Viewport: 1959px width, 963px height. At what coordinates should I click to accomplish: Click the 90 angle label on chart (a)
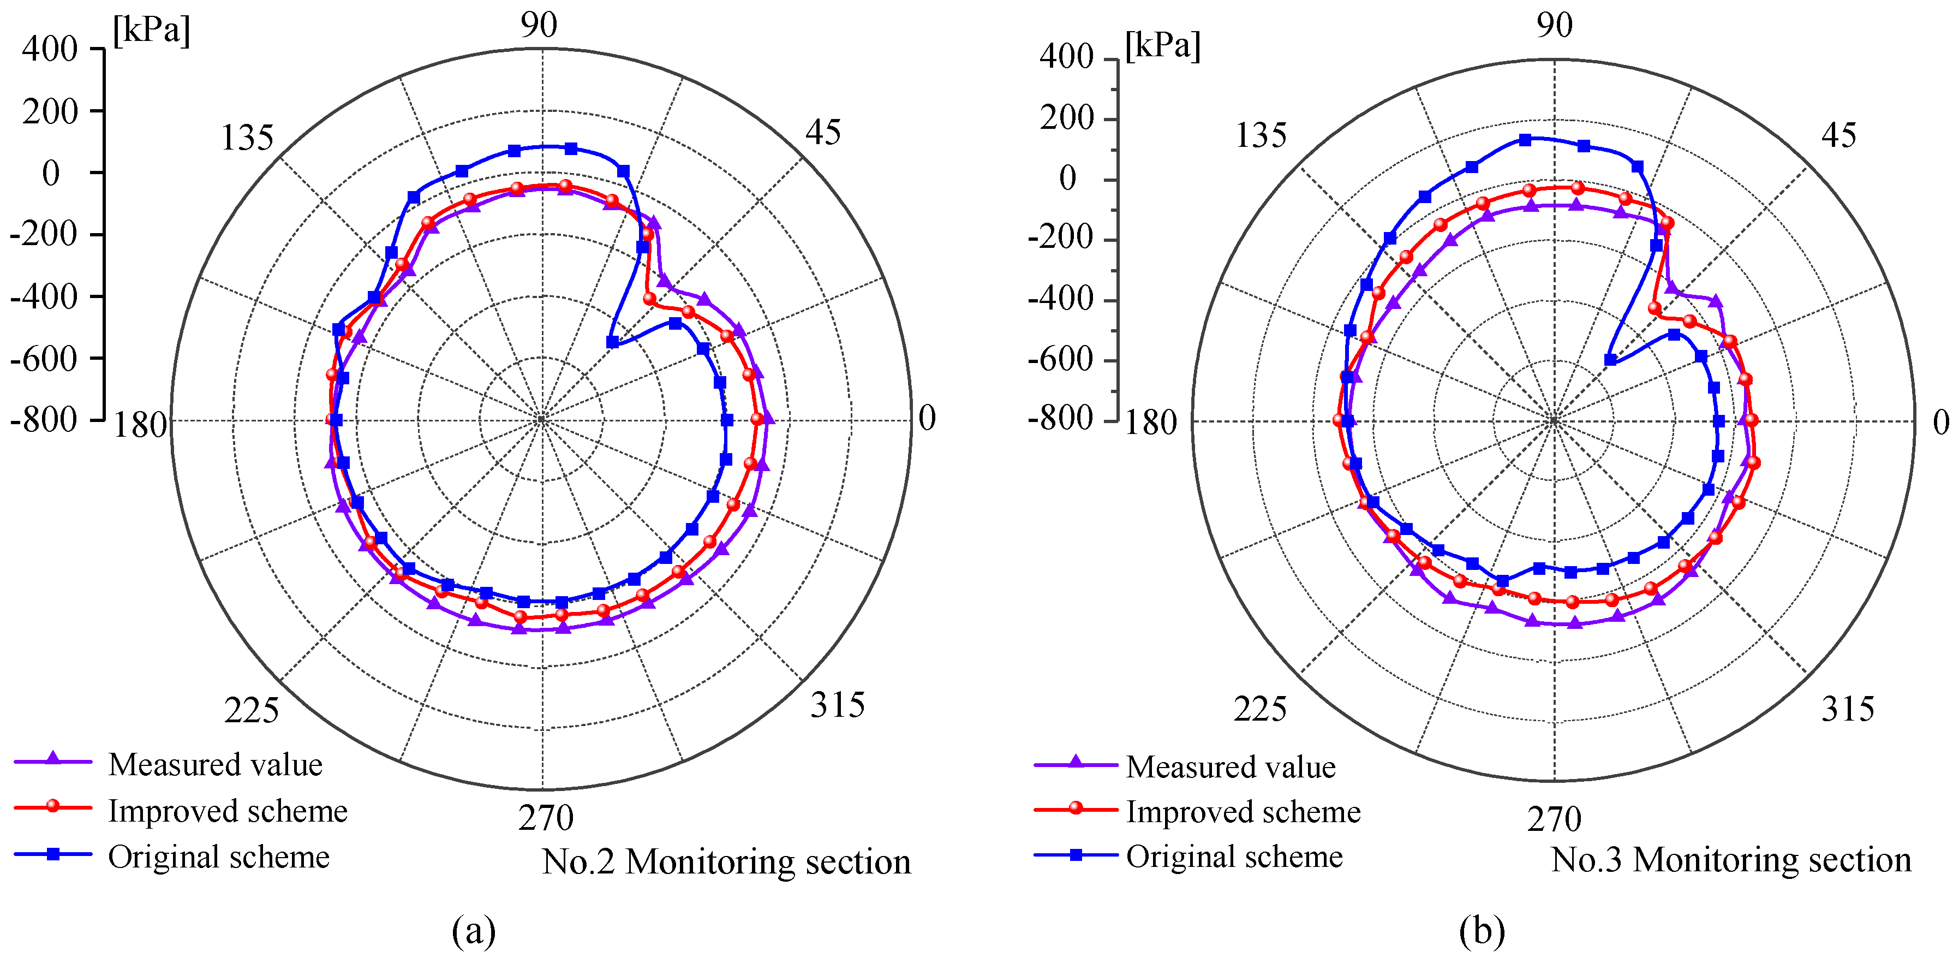539,25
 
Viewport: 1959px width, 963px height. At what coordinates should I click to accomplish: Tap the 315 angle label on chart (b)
1847,709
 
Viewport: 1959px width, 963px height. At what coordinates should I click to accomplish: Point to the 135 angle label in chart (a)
247,138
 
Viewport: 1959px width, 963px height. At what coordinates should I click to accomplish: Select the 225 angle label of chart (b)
1259,709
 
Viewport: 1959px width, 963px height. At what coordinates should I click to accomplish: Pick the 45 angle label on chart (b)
1838,135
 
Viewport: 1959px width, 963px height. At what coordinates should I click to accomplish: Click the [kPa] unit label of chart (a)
151,31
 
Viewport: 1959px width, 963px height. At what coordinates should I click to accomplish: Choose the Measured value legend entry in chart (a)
215,764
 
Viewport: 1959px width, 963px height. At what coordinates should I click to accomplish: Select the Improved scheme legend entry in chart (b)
1243,812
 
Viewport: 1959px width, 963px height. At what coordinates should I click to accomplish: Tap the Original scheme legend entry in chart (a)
218,857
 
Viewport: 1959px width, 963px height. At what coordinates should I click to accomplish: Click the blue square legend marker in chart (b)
1076,855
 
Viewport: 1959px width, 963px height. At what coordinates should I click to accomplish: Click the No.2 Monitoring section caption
726,862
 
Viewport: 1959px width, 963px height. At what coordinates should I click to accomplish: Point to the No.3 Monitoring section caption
1731,860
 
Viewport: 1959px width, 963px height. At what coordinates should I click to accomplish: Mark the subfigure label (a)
473,930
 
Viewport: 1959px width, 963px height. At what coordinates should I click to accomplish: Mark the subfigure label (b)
1482,930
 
